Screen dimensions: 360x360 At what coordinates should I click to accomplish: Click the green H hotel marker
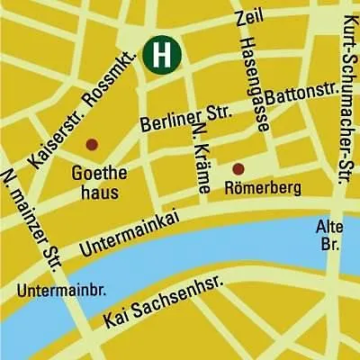point(163,53)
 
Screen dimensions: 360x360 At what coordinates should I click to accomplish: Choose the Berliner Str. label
point(186,118)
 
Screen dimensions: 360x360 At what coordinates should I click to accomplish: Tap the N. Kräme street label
point(202,157)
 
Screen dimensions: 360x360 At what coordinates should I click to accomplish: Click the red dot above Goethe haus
point(91,144)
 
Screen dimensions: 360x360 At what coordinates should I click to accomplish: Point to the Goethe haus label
point(94,181)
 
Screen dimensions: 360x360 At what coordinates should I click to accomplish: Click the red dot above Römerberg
point(238,168)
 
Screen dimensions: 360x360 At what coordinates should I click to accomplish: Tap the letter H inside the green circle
point(163,53)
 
